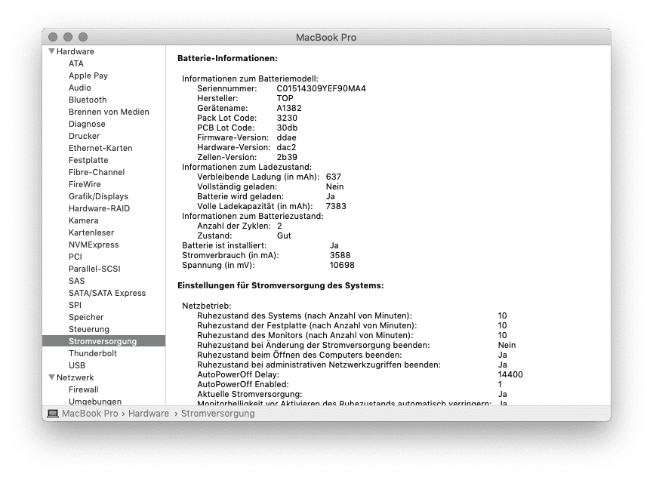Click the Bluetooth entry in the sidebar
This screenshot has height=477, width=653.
[88, 100]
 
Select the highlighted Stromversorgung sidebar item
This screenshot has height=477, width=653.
[103, 341]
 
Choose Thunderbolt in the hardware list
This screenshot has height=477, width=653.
[93, 353]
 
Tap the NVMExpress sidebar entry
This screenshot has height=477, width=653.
[94, 245]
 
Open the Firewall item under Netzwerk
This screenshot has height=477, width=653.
[84, 389]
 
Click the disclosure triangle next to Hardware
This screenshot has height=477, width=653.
[51, 51]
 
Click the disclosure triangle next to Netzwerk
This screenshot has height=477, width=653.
[51, 377]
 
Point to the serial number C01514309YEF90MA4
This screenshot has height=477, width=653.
[321, 88]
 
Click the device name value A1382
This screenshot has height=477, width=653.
[288, 108]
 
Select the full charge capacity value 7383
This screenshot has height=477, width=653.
[336, 206]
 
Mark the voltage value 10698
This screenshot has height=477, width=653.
[342, 265]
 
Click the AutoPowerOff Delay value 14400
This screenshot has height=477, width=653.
[510, 374]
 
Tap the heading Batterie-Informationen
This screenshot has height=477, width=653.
[227, 58]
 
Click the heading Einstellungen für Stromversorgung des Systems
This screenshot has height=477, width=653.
[280, 285]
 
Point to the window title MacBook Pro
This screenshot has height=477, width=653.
[326, 37]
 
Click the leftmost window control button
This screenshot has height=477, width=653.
[53, 37]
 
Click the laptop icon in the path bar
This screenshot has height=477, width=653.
[53, 414]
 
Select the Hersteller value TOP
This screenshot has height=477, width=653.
[285, 98]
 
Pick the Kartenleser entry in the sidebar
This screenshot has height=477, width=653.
[91, 232]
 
